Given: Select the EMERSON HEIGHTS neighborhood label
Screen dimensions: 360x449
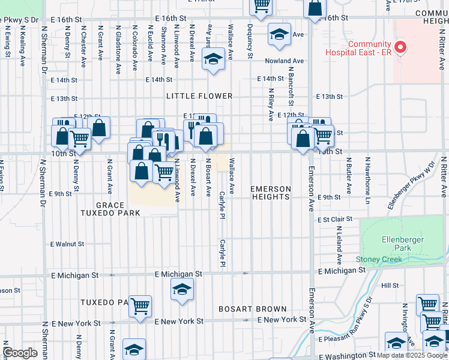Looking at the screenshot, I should (270, 193).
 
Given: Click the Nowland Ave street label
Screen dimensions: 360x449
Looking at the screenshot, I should (285, 61).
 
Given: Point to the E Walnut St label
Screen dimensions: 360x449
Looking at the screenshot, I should (67, 244).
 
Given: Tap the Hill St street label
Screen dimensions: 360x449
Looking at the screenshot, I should (390, 286).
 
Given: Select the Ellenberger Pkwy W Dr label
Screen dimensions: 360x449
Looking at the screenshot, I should (410, 185).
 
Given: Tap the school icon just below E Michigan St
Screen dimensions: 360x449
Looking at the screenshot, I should (182, 290).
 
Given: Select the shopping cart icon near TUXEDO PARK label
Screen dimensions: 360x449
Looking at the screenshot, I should (140, 307).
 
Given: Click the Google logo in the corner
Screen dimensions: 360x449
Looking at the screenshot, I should (20, 353).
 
